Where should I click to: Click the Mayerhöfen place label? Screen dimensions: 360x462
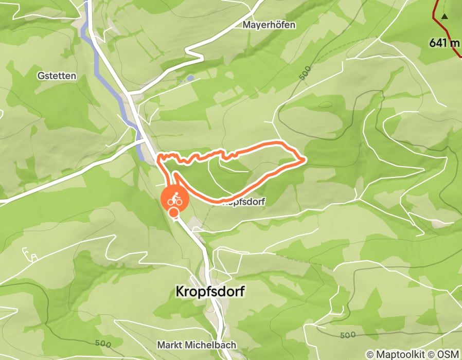[269, 25]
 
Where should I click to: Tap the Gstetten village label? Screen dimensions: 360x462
[57, 76]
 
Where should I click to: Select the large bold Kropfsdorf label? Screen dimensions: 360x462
[210, 292]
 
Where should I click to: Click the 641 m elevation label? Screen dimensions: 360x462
[444, 43]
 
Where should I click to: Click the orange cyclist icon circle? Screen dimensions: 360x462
[175, 199]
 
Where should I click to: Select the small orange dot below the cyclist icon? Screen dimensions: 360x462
[174, 213]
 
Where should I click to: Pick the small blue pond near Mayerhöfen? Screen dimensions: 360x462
[190, 78]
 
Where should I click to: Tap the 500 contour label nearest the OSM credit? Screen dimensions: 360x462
[348, 335]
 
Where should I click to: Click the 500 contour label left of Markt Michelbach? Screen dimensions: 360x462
[103, 344]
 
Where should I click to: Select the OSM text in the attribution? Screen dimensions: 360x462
[450, 354]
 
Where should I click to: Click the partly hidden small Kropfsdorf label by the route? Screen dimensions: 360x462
[243, 203]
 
